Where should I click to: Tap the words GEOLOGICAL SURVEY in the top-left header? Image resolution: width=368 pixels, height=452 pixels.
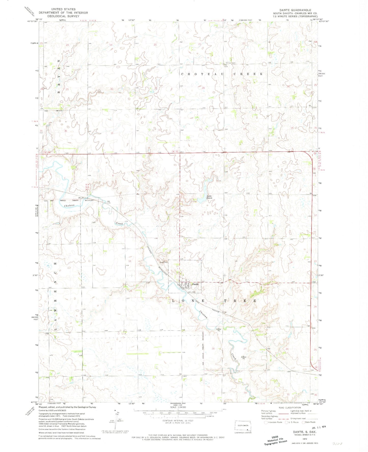coord(63,16)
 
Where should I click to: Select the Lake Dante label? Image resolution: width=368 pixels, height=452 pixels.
coord(209,196)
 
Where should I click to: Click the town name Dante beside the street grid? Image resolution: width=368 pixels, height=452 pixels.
coord(195,284)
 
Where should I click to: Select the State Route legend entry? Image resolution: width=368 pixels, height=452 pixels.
coord(308,422)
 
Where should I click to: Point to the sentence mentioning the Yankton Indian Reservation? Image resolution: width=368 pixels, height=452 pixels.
coord(62,429)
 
